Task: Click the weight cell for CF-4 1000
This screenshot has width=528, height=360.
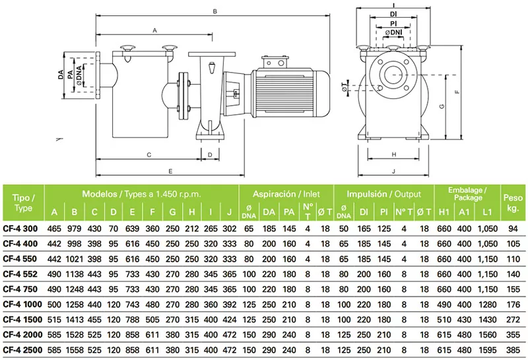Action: coord(511,305)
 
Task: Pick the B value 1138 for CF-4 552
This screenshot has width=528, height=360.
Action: coord(75,275)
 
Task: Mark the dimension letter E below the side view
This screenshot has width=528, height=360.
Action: coord(170,171)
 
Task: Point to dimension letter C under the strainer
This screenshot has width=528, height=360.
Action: coord(149,155)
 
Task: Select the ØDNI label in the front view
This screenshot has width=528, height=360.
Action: coord(395,32)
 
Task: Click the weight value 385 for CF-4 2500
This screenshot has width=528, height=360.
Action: coord(511,351)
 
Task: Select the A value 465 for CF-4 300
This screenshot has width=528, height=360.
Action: coord(54,229)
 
